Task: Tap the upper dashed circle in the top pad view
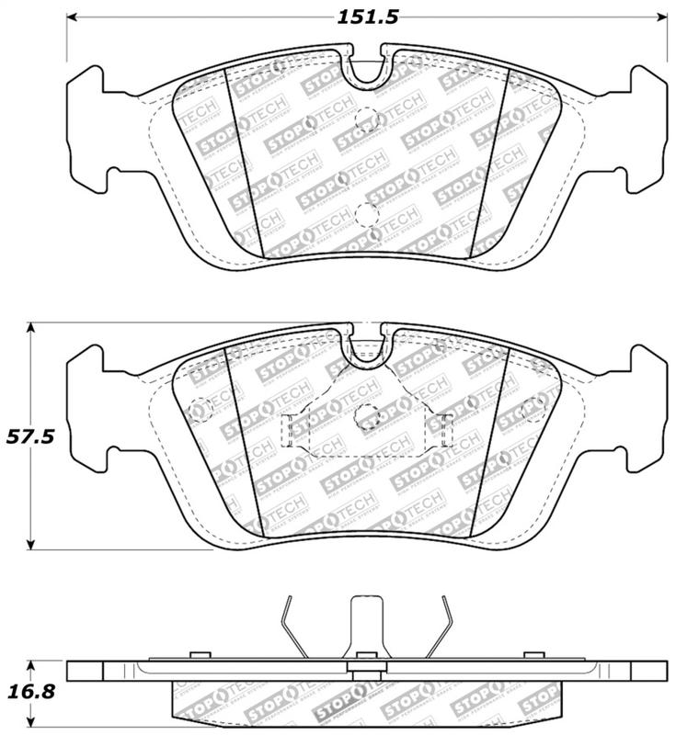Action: click(367, 118)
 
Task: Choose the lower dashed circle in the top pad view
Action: click(367, 214)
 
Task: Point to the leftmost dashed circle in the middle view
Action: click(197, 408)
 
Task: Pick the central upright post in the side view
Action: click(368, 629)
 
